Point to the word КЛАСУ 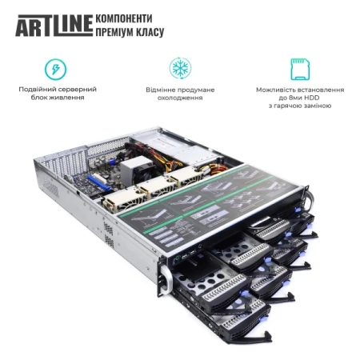click(x=152, y=33)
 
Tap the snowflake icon click(x=179, y=68)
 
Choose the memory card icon click(x=301, y=68)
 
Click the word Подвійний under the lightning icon click(x=37, y=89)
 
